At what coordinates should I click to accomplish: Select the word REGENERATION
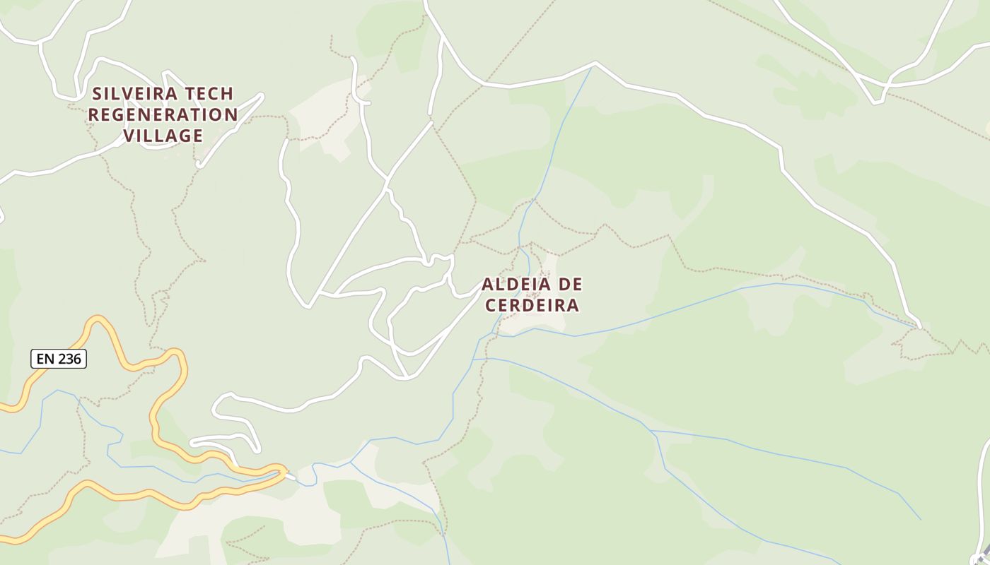[163, 114]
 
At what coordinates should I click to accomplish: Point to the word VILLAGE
[163, 136]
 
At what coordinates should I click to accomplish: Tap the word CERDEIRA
[532, 305]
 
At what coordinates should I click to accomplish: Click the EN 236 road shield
[59, 359]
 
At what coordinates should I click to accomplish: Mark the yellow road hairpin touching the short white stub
[282, 470]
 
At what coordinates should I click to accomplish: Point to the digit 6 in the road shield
[78, 359]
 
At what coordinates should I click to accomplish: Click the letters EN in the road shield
[45, 359]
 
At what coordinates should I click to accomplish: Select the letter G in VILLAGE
[185, 136]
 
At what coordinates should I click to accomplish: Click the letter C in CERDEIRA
[490, 305]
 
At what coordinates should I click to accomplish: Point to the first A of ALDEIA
[488, 285]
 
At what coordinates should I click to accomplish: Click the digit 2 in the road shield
[62, 359]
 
